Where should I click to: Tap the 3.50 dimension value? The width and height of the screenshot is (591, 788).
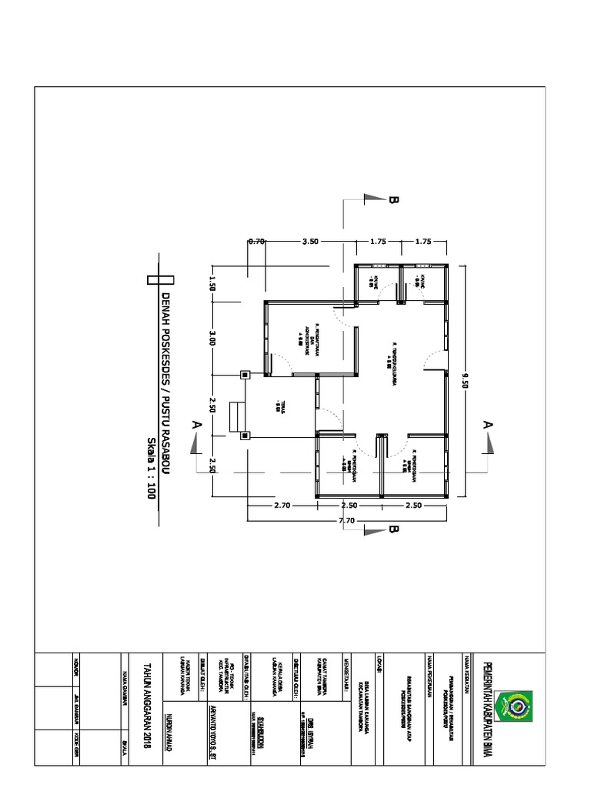[x=310, y=241]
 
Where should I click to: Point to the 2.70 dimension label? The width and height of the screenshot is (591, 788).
[x=282, y=506]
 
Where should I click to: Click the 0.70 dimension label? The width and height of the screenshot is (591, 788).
[x=256, y=241]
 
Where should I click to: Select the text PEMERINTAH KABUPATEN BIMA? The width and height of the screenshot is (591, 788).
[x=486, y=709]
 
